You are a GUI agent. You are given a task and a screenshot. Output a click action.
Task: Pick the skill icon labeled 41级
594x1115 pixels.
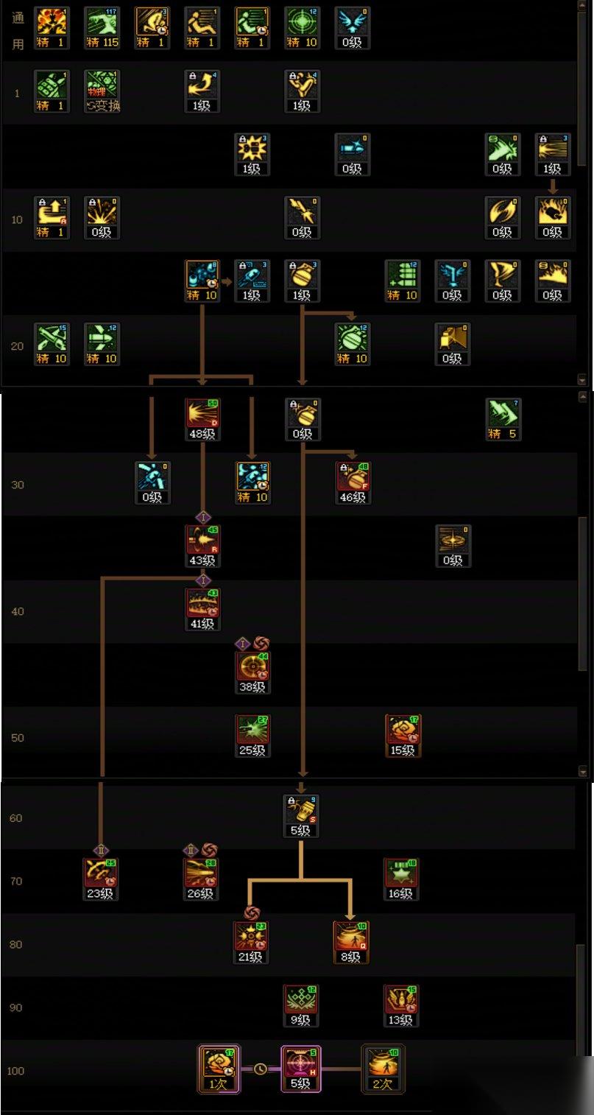[x=202, y=605]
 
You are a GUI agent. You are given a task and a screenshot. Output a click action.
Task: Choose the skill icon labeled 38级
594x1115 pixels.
[x=252, y=668]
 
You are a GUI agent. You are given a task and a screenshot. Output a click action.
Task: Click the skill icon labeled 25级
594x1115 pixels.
[x=252, y=731]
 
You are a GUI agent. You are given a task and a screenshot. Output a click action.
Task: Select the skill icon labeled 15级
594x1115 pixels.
[x=403, y=731]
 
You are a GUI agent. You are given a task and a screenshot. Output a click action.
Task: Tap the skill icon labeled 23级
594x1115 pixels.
[x=101, y=875]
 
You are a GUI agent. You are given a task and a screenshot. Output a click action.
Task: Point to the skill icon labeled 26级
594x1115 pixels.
[x=201, y=875]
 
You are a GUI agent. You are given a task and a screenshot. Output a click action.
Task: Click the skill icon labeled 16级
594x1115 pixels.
[x=401, y=875]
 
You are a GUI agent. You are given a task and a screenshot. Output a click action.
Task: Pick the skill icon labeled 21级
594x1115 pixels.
[x=251, y=938]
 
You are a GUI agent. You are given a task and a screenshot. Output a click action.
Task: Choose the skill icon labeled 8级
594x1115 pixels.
[x=351, y=938]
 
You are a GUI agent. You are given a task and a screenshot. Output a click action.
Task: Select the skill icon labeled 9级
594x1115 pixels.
[x=301, y=1002]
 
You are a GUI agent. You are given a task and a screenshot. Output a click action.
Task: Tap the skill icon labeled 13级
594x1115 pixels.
[x=401, y=1002]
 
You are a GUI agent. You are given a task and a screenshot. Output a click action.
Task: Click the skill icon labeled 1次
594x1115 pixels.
[x=218, y=1066]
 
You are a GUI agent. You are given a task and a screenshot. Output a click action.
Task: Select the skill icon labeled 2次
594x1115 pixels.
[x=383, y=1066]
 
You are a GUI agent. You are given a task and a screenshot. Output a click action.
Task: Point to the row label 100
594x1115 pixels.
[x=15, y=1070]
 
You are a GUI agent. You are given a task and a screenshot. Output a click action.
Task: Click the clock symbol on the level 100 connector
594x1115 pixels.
[x=260, y=1069]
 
